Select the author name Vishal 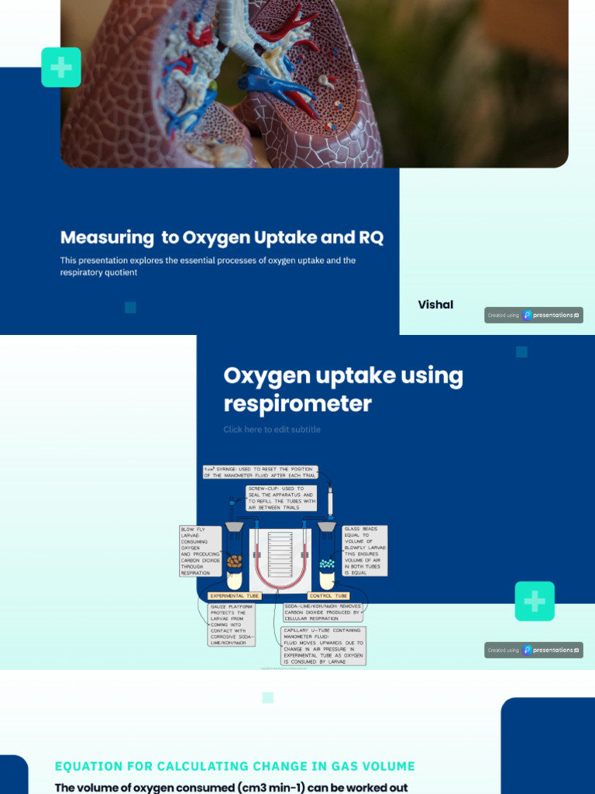pos(435,305)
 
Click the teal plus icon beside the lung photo pos(61,67)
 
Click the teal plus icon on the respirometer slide pos(535,601)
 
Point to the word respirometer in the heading pos(297,404)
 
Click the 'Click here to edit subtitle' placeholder pos(272,430)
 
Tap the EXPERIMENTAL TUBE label pos(236,595)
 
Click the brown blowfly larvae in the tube pos(234,559)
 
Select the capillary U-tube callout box pos(323,646)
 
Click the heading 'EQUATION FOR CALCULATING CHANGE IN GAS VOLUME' pos(235,766)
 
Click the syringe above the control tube pos(329,500)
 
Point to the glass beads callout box pos(364,551)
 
